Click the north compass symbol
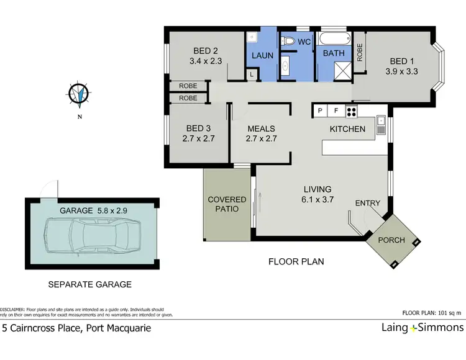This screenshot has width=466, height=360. pyautogui.click(x=78, y=94)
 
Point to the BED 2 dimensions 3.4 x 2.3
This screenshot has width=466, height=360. pyautogui.click(x=205, y=61)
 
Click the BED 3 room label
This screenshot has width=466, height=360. pyautogui.click(x=198, y=128)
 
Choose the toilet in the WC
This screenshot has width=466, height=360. pyautogui.click(x=288, y=42)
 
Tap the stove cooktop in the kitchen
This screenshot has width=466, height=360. pyautogui.click(x=352, y=112)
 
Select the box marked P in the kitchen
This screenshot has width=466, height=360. pyautogui.click(x=320, y=112)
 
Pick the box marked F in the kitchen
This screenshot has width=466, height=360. pyautogui.click(x=336, y=112)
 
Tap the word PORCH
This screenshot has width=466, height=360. pyautogui.click(x=391, y=240)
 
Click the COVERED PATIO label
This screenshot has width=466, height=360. pyautogui.click(x=227, y=204)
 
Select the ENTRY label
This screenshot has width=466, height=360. pyautogui.click(x=368, y=204)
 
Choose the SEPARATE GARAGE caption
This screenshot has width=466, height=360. pyautogui.click(x=90, y=284)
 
